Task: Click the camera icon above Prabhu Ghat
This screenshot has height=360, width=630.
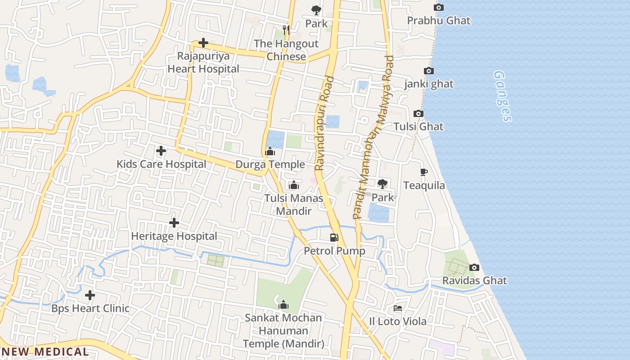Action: click(x=439, y=8)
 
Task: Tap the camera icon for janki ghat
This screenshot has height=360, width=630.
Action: click(x=429, y=71)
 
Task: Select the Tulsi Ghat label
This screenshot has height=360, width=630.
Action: click(x=418, y=126)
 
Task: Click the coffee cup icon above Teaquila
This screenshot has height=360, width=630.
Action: click(x=423, y=172)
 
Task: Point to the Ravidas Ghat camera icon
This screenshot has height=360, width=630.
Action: click(x=474, y=268)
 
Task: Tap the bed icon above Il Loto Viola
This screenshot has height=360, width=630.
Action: click(x=398, y=308)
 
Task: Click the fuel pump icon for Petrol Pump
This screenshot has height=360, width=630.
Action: click(x=334, y=238)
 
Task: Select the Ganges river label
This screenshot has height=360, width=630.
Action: click(x=503, y=96)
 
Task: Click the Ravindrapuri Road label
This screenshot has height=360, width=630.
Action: click(x=324, y=123)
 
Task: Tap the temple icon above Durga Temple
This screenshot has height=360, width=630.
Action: click(x=270, y=152)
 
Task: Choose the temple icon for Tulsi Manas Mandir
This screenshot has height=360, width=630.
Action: click(x=294, y=185)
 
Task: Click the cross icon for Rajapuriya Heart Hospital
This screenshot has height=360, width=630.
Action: click(x=203, y=43)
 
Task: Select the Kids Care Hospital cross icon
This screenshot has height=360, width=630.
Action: click(x=161, y=151)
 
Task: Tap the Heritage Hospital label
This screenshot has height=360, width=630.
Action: click(x=174, y=236)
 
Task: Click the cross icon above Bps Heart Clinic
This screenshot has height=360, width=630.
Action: click(x=90, y=295)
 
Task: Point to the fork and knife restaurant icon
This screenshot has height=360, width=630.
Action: click(x=286, y=30)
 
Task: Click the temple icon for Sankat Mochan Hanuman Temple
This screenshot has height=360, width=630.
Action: click(x=283, y=305)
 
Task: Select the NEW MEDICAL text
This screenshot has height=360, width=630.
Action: click(x=45, y=352)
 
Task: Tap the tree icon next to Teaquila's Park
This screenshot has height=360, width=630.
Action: click(x=382, y=184)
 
